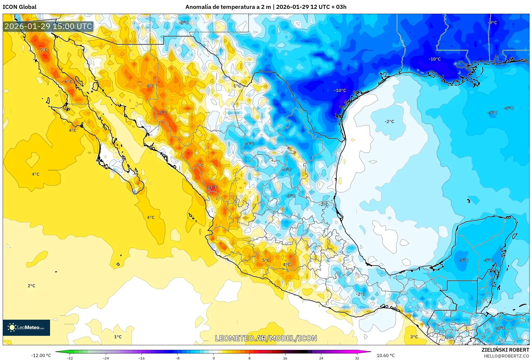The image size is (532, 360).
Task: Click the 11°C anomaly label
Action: coord(212,187)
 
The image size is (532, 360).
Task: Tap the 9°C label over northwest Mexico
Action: coord(163,113)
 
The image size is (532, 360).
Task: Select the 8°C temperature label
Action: coord(151,86)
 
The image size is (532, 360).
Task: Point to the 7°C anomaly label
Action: coord(200,165)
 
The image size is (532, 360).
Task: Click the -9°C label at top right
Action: coord(492,23)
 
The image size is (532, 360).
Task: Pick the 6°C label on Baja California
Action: coord(68,81)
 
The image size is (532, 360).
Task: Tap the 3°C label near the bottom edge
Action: coord(414,337)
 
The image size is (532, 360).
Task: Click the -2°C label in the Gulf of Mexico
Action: coord(389,122)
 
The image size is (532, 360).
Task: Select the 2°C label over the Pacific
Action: coord(31,286)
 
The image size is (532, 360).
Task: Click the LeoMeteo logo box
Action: coord(26,327)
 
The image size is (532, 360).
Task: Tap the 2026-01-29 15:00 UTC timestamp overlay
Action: coord(48,26)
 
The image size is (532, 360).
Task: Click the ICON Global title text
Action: coord(19,7)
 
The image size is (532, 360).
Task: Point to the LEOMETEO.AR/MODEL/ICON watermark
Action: coord(266,338)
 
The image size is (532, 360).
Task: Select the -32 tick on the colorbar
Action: coord(70,358)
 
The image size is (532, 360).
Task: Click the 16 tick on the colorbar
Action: coord(285,358)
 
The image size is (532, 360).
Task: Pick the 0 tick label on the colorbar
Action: coord(213,358)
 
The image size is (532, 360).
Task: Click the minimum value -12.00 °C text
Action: coord(41,355)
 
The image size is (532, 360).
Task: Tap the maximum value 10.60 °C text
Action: coord(385,355)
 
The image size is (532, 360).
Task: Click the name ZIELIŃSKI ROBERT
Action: coord(505,350)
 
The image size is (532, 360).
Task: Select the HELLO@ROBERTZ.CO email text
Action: coord(506,356)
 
